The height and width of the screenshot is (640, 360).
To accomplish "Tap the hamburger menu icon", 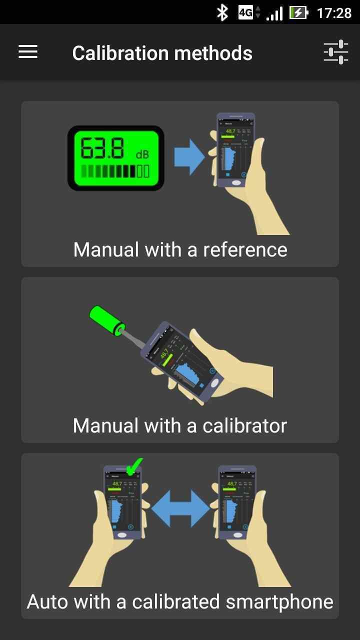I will click(28, 52).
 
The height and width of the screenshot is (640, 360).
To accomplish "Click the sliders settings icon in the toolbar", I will click(335, 52).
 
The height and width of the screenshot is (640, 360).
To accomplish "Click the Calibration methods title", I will click(162, 53).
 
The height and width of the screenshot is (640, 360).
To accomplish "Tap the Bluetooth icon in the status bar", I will click(222, 12).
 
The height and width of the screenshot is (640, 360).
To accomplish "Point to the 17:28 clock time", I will click(334, 12).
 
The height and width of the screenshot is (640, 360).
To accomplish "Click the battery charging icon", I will click(298, 12).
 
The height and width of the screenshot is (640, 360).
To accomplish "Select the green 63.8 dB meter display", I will click(116, 158).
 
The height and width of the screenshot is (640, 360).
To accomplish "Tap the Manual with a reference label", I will click(180, 249).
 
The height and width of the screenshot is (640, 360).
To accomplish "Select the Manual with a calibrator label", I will click(180, 425).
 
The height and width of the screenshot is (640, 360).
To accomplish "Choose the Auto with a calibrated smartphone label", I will click(180, 601).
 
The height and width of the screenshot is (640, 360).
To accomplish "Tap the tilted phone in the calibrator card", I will click(180, 357).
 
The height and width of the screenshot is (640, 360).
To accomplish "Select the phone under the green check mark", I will click(122, 502).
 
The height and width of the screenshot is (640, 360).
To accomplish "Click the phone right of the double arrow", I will click(237, 502).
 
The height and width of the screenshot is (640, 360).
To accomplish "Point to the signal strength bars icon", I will click(274, 13).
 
